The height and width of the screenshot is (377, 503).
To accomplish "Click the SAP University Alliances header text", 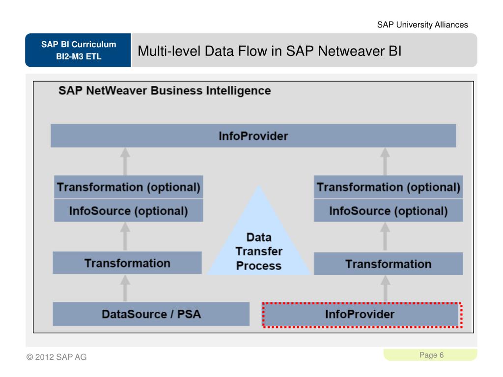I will tap(422, 25).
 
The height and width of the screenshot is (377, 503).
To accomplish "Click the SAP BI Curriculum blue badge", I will tap(79, 50).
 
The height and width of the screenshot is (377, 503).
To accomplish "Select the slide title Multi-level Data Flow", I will tap(270, 51).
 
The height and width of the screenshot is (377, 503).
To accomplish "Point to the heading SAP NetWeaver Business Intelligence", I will tap(165, 91).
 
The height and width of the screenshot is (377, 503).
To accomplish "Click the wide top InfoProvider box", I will tap(253, 136).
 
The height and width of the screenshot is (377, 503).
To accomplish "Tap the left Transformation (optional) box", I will tap(129, 187).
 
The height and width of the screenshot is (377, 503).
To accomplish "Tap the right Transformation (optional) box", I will tap(388, 187).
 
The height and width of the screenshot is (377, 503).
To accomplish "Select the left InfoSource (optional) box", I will tap(129, 211).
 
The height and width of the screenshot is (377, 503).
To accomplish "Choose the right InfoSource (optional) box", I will tap(388, 211).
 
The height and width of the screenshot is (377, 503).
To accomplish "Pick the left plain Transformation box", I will tap(127, 263).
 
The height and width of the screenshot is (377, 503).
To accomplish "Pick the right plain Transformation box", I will tap(388, 264).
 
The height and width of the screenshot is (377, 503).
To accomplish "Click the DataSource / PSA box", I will tap(151, 314).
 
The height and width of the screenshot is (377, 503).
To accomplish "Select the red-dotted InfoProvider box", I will tap(362, 314).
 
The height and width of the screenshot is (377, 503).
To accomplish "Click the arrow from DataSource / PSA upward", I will tap(126, 288).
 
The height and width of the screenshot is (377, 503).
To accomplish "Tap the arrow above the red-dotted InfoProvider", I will tap(385, 288).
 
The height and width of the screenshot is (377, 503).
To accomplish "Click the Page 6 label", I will tap(432, 355).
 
